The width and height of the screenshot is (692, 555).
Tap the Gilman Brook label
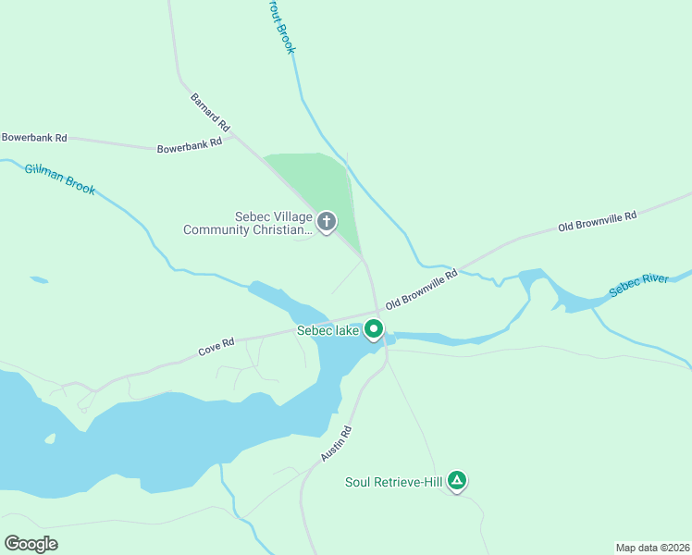[60, 179]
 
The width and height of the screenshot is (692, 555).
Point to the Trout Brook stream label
[284, 28]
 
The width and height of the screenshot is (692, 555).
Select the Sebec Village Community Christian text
[246, 223]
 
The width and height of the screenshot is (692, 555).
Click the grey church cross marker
[326, 222]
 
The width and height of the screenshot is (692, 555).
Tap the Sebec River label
[638, 285]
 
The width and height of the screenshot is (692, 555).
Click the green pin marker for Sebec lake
[374, 328]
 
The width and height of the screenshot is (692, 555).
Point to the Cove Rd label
[216, 347]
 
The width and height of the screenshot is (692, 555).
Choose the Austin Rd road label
[337, 444]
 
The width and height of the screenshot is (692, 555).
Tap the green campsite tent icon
[456, 480]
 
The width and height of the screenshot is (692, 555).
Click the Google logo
[31, 544]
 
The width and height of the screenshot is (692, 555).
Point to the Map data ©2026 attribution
[652, 548]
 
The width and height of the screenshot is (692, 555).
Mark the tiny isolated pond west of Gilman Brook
[39, 279]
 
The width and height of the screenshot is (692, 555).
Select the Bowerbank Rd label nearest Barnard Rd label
[190, 144]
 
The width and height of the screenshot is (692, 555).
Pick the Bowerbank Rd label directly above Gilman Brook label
[34, 138]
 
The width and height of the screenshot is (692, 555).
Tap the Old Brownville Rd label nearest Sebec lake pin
[422, 289]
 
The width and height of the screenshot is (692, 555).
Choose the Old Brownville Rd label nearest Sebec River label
[599, 222]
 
